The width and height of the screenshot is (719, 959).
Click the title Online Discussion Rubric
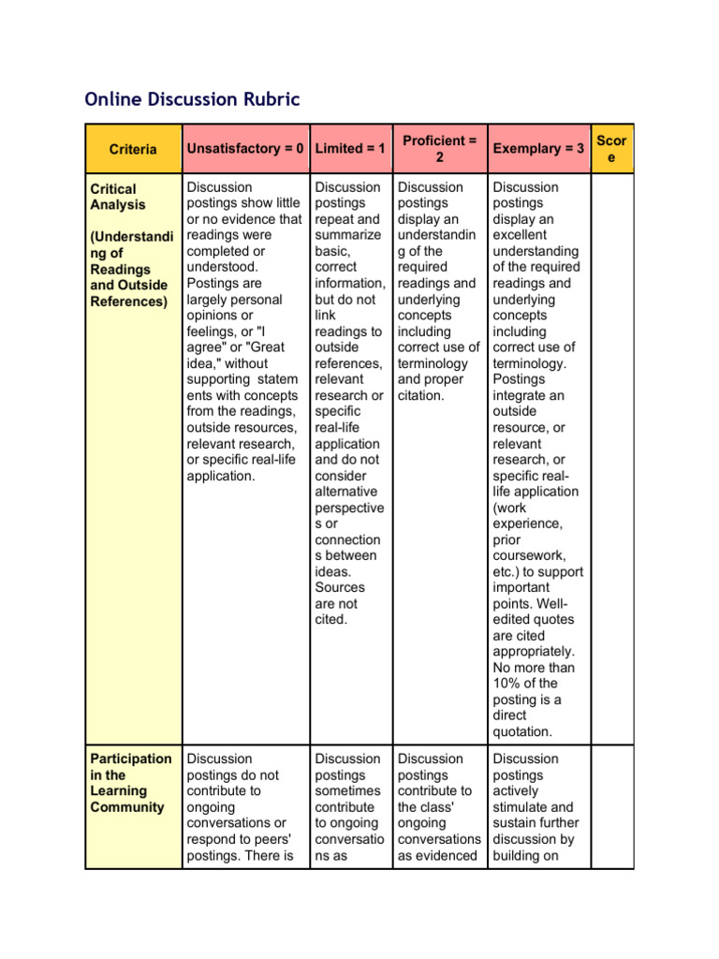click(192, 98)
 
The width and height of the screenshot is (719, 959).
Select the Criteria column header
click(133, 149)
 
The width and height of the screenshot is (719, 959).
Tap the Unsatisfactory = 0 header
click(245, 149)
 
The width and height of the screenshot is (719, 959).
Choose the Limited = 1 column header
click(350, 149)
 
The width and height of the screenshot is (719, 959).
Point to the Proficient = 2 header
click(439, 149)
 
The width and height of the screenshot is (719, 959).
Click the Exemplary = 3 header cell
click(538, 149)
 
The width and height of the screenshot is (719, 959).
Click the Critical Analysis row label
click(114, 197)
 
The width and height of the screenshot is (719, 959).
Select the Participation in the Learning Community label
click(131, 782)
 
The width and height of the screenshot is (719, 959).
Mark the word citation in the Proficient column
click(421, 395)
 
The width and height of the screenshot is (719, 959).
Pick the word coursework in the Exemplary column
click(527, 556)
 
